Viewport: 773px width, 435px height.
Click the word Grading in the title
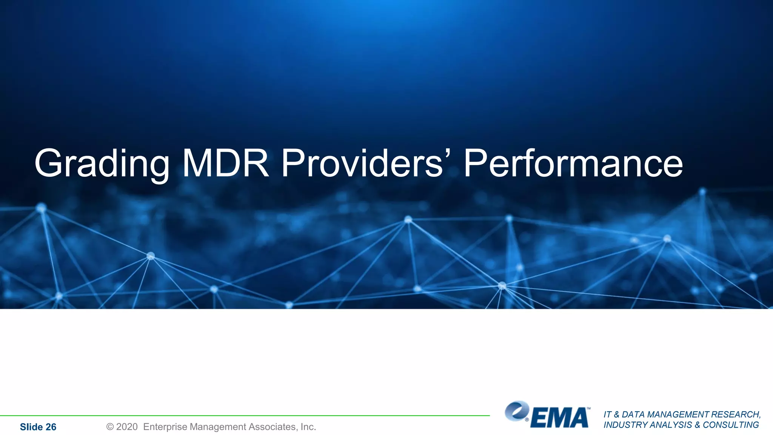(x=102, y=163)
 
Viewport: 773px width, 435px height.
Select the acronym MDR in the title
(x=226, y=163)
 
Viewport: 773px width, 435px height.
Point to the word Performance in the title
(x=573, y=163)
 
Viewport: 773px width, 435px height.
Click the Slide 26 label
(x=38, y=427)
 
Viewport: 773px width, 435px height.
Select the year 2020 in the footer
(x=127, y=427)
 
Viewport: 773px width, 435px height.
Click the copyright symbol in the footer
(x=110, y=427)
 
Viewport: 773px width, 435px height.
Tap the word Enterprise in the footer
(x=165, y=427)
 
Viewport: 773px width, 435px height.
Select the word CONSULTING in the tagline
(x=731, y=425)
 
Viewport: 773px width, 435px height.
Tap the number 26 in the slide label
(x=51, y=427)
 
